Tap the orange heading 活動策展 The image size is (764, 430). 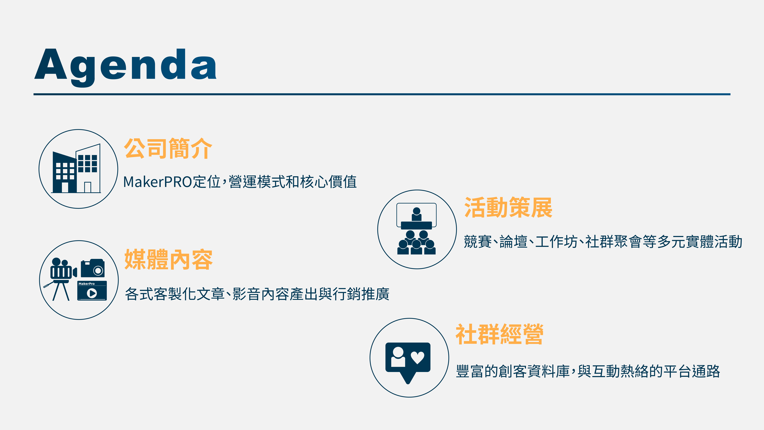(x=508, y=208)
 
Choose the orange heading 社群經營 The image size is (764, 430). (x=499, y=334)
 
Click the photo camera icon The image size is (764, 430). (x=93, y=268)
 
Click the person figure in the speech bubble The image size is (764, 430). (x=398, y=357)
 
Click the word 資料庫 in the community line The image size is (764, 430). (x=549, y=371)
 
